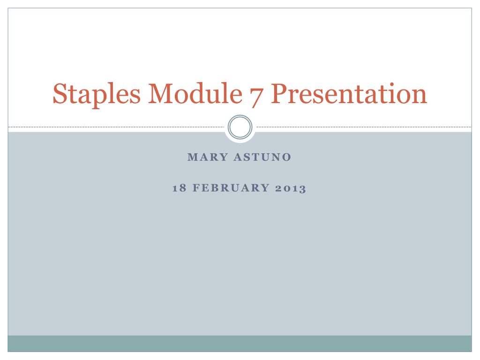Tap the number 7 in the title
point(256,94)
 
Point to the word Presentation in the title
point(349,94)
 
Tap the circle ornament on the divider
point(240,127)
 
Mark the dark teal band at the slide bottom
point(240,343)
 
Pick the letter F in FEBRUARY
point(193,188)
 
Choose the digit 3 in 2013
point(302,188)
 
